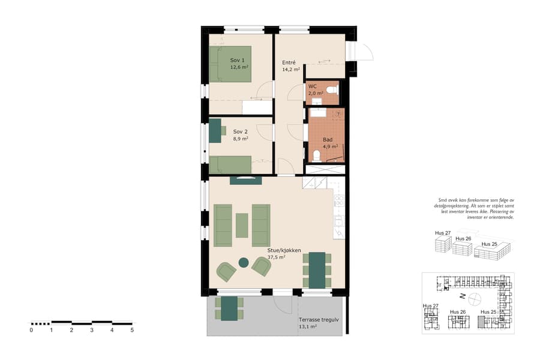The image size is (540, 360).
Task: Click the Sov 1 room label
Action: tap(238, 60)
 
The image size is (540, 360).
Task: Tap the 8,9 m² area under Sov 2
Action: tap(241, 139)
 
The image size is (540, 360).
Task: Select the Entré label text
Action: tap(289, 62)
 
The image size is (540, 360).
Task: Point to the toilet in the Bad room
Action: tap(317, 157)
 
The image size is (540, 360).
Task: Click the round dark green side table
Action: tap(244, 262)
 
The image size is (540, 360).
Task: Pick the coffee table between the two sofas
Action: tap(242, 225)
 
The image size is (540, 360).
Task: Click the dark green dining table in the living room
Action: tap(317, 269)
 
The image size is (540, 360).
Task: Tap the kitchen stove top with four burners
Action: tap(339, 202)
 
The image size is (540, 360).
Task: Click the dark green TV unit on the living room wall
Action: tap(245, 180)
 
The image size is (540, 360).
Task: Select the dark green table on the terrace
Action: tap(229, 308)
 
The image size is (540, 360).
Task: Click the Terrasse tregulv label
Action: tap(319, 320)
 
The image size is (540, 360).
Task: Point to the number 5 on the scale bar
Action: tap(132, 330)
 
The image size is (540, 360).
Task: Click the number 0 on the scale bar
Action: tap(31, 330)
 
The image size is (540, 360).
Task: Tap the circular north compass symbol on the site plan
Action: tap(475, 297)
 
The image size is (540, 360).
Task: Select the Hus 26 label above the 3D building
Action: tap(463, 238)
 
